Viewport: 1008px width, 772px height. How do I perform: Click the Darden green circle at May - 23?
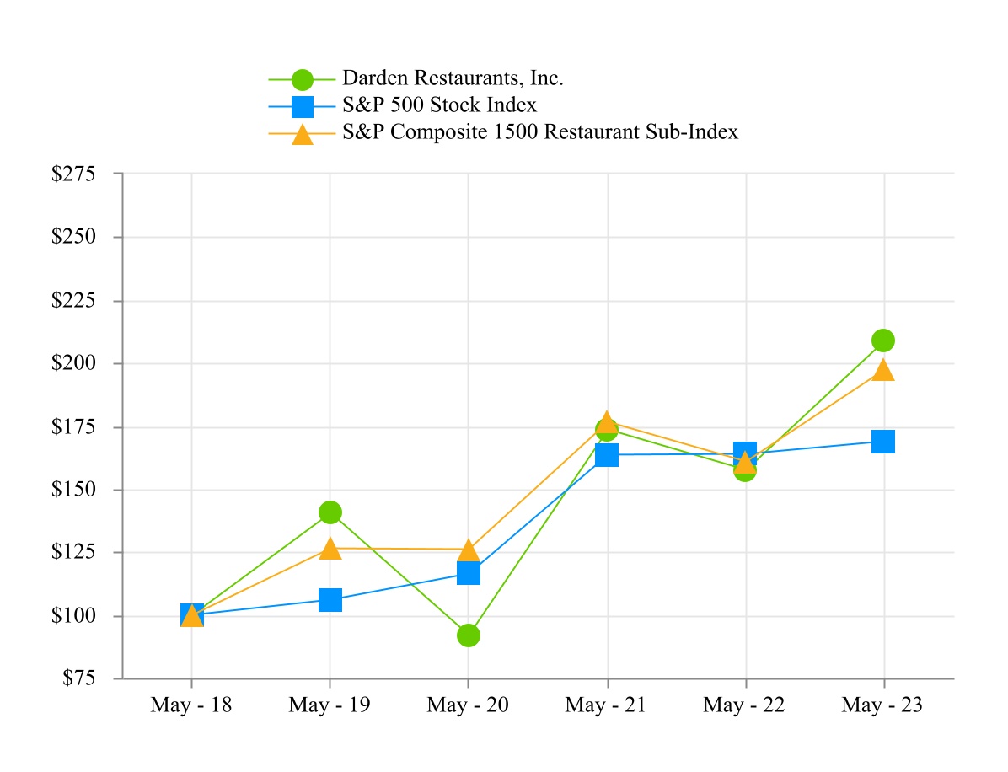(x=882, y=340)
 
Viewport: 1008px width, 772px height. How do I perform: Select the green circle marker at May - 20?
(x=469, y=635)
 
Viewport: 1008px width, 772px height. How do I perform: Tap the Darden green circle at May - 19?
(x=330, y=512)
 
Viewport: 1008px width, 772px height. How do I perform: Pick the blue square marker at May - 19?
(x=330, y=600)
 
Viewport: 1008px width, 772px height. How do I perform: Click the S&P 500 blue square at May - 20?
(x=469, y=573)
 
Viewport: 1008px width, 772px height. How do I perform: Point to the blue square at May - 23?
(x=882, y=441)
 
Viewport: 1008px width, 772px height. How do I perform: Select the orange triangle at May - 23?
(x=882, y=370)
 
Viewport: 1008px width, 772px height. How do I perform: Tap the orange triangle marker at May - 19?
(x=330, y=549)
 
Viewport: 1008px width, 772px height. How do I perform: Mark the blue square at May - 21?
(x=607, y=455)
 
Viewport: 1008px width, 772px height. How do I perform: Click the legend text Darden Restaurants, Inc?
(x=453, y=79)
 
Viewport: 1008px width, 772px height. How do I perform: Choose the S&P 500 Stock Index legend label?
(x=439, y=106)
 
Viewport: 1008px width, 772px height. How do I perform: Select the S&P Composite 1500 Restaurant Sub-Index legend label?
(x=539, y=132)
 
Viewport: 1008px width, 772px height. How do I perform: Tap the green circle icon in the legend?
(x=302, y=80)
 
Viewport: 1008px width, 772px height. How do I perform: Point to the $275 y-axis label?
(x=74, y=174)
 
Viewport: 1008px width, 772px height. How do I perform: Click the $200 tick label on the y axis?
(x=74, y=364)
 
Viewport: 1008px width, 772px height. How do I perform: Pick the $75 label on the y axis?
(x=78, y=678)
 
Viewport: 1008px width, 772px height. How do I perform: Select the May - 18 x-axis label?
(x=190, y=705)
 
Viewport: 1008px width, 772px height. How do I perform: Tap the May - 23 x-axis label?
(x=882, y=705)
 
